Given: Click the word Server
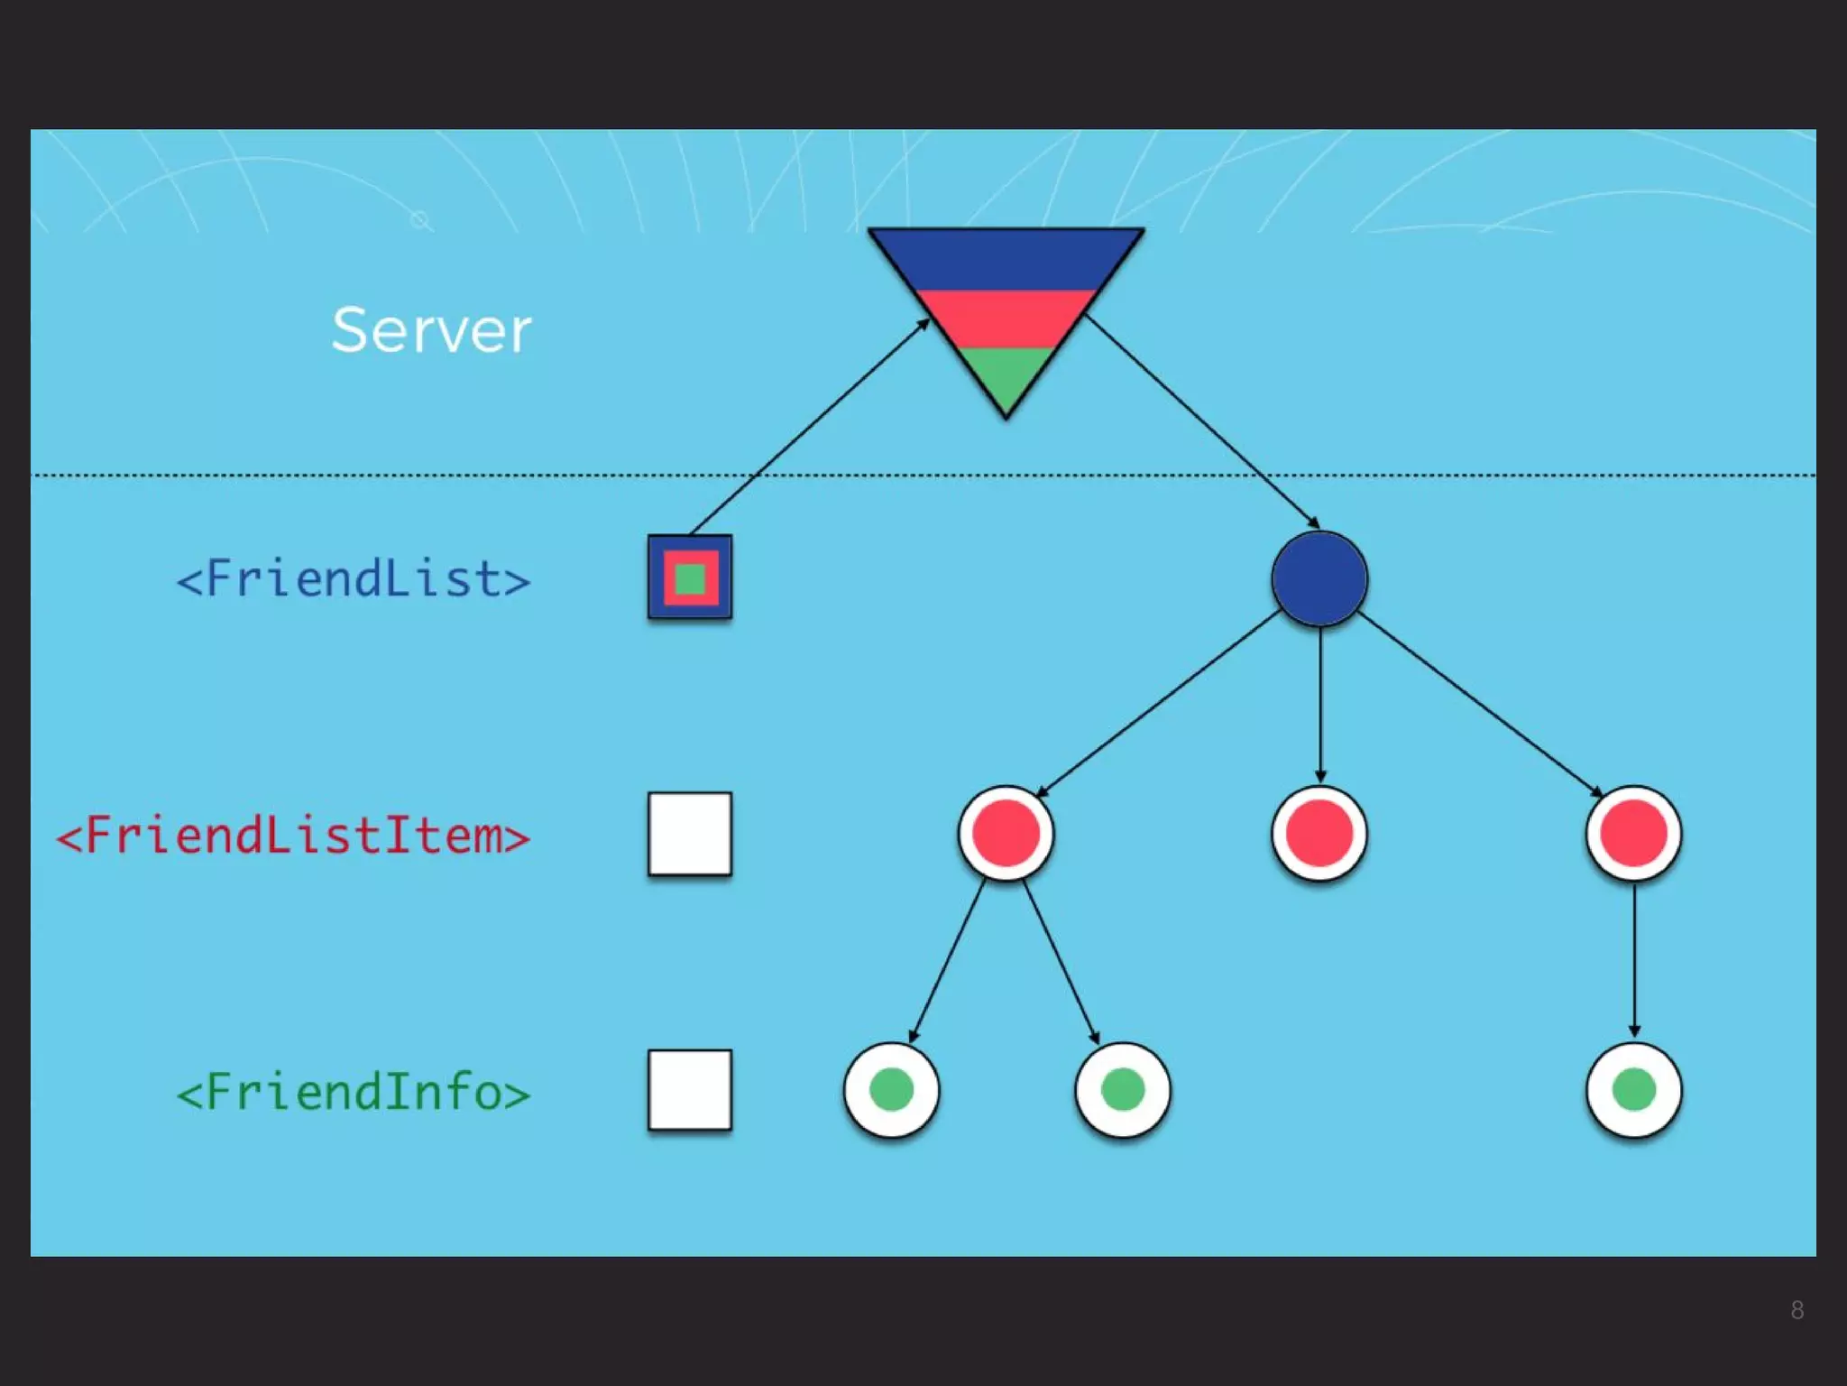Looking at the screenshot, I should tap(431, 330).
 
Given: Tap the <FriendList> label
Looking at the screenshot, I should tap(353, 578).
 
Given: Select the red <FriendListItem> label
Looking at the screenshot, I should tap(293, 835).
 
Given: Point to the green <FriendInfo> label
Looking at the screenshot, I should tap(353, 1092).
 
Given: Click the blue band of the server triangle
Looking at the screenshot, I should tap(1006, 260).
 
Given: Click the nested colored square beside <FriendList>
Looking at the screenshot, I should tap(690, 577).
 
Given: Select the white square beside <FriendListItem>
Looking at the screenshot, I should tap(690, 834).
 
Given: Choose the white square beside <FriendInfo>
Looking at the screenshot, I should tap(690, 1090).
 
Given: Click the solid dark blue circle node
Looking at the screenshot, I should tap(1319, 578).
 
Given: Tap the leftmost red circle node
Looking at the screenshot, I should tap(1006, 833).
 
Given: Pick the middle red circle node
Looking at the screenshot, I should tap(1319, 833).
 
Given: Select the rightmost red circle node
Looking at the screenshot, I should tap(1633, 833).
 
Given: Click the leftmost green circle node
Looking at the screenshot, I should tap(891, 1089).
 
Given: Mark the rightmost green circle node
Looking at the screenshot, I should tap(1633, 1089).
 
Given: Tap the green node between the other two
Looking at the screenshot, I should tap(1123, 1089).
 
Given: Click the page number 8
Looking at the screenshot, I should tap(1796, 1310).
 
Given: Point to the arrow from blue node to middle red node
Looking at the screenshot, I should tap(1320, 704).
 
